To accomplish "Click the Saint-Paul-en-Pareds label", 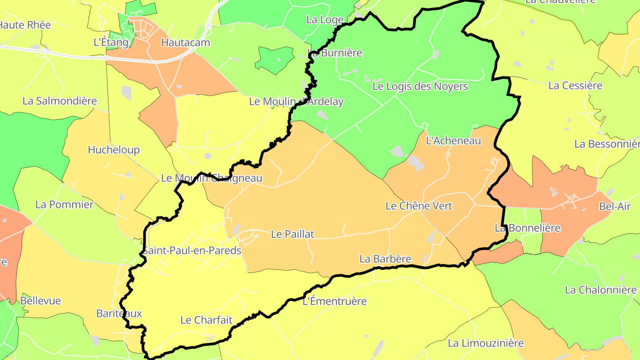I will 192,251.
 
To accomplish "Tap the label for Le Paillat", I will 292,234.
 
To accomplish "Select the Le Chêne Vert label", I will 419,206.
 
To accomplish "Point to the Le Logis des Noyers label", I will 420,86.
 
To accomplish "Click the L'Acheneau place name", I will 453,141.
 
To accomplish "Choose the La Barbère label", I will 385,259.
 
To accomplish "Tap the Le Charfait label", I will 206,320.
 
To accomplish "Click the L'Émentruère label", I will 334,301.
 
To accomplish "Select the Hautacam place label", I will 185,43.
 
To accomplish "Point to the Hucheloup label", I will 114,150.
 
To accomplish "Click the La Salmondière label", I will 60,101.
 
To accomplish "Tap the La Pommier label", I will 64,204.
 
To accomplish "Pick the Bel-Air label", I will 615,206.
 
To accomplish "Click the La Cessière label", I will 575,86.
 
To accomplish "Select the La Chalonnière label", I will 600,290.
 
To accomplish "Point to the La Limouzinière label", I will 485,343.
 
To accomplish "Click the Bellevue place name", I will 40,301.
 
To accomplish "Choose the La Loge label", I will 325,20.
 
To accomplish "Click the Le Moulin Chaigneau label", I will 212,178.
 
